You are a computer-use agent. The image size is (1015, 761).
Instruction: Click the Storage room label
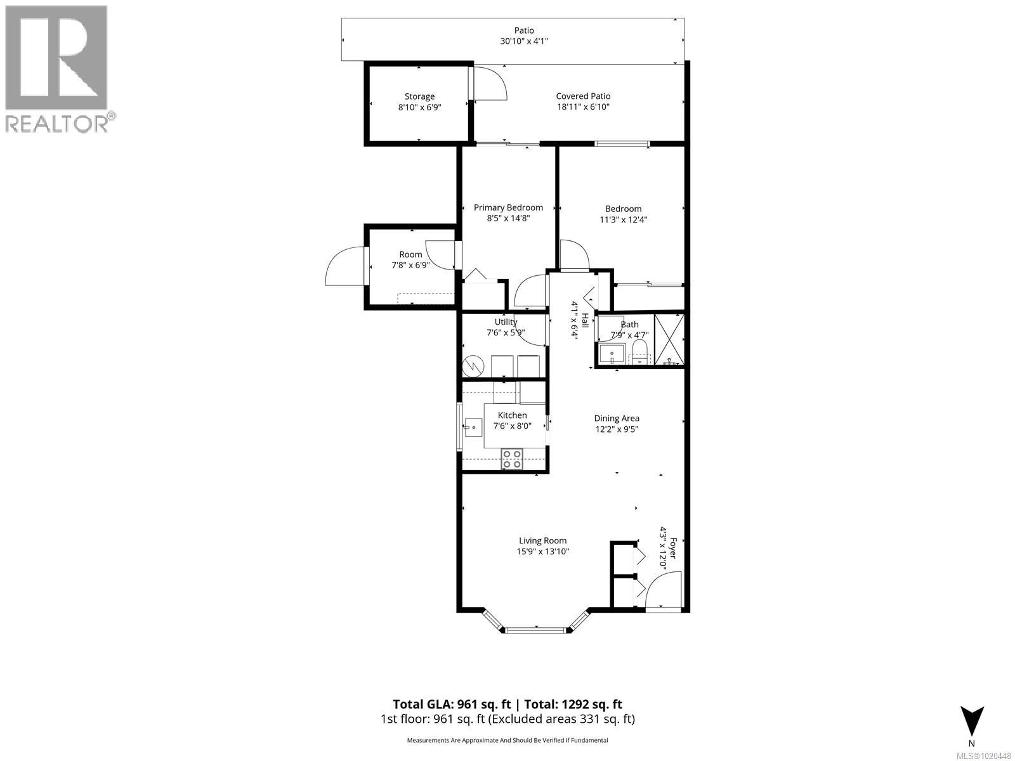pyautogui.click(x=419, y=96)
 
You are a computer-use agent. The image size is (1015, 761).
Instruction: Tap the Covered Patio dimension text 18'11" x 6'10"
pyautogui.click(x=583, y=107)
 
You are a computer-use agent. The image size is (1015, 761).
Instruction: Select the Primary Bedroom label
pyautogui.click(x=508, y=207)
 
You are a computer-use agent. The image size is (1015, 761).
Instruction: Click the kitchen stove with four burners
pyautogui.click(x=512, y=459)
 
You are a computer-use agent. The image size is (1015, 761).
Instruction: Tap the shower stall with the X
pyautogui.click(x=669, y=339)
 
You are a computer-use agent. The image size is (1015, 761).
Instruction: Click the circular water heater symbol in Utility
pyautogui.click(x=473, y=366)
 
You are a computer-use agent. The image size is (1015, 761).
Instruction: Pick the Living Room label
pyautogui.click(x=542, y=541)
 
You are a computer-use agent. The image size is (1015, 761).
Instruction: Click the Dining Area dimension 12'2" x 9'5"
pyautogui.click(x=616, y=429)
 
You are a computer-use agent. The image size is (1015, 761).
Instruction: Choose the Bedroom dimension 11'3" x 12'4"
pyautogui.click(x=623, y=220)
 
